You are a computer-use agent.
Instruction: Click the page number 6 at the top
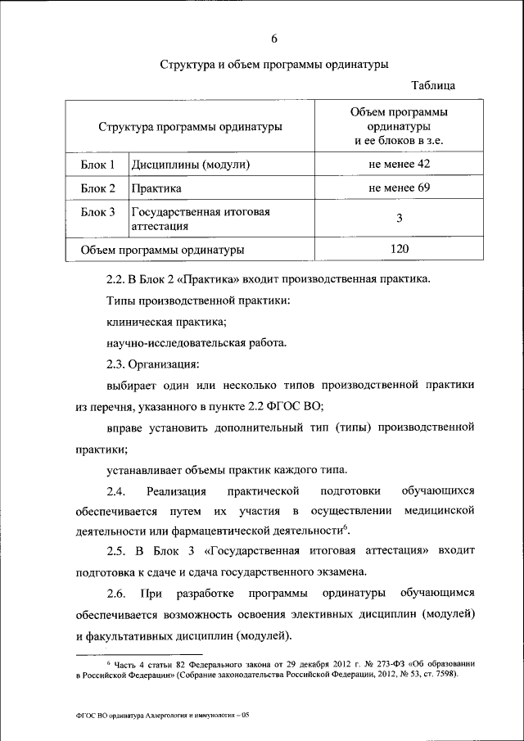click(x=274, y=38)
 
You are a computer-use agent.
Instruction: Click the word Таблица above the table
click(x=433, y=85)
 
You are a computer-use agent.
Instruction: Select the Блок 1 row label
click(x=97, y=165)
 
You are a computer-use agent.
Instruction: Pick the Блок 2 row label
click(x=97, y=188)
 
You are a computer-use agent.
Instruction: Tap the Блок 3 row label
click(x=97, y=211)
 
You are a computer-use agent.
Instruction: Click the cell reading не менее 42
click(x=400, y=165)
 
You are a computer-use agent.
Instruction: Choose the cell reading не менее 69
click(x=400, y=188)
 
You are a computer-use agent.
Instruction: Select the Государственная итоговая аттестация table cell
click(x=201, y=218)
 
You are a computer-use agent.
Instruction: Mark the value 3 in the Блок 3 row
click(x=400, y=218)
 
